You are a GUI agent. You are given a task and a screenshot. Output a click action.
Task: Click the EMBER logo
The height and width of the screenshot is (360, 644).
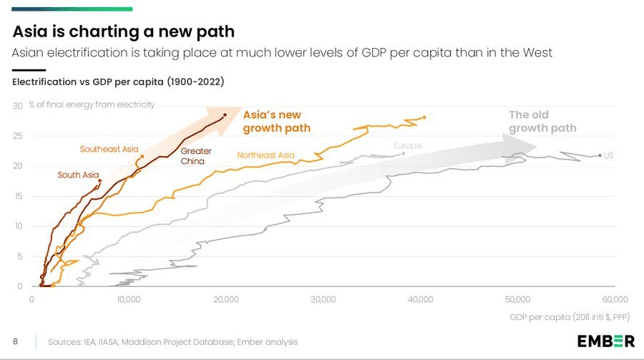coord(606,341)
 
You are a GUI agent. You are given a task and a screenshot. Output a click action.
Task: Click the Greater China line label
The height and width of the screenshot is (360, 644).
coord(196,156)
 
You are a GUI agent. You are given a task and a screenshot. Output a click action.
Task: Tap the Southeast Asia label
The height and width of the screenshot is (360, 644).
coord(109,149)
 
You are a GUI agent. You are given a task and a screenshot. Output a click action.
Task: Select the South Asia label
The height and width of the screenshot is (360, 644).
coord(78,175)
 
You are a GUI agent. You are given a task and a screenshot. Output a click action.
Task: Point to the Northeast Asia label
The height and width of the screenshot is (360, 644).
coord(265,155)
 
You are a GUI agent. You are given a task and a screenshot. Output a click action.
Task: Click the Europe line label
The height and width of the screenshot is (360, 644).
coord(407,145)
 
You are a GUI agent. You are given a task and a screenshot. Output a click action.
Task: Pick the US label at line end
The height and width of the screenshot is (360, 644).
coord(609,156)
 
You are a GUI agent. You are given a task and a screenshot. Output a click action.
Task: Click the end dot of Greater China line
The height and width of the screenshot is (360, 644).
coord(225,115)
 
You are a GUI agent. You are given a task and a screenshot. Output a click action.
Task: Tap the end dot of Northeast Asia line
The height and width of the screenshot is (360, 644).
coord(424,117)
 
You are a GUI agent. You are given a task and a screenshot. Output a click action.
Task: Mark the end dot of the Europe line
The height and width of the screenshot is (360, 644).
coord(404,154)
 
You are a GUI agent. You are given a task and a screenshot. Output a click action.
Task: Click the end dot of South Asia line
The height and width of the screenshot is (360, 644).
coord(99,181)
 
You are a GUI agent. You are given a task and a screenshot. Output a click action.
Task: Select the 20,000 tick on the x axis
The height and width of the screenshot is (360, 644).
coord(226,300)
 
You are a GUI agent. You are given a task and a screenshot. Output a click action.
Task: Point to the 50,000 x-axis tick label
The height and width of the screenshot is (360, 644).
coord(517,300)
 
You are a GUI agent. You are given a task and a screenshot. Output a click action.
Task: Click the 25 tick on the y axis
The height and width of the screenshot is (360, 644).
coord(18,136)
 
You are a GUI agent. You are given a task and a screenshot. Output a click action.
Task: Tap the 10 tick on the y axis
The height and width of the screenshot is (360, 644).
coord(19,226)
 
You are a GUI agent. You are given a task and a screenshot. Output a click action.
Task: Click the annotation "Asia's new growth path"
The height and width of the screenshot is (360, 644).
coord(276,122)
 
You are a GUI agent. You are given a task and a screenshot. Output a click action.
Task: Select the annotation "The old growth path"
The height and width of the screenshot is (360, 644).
coord(542,122)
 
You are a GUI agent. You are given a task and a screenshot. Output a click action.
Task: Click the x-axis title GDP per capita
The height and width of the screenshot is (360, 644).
coord(570,317)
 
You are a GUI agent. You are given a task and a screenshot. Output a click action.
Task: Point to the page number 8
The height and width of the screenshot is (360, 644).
coord(15,341)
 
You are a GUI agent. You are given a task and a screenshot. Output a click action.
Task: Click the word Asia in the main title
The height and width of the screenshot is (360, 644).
coord(30,31)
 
